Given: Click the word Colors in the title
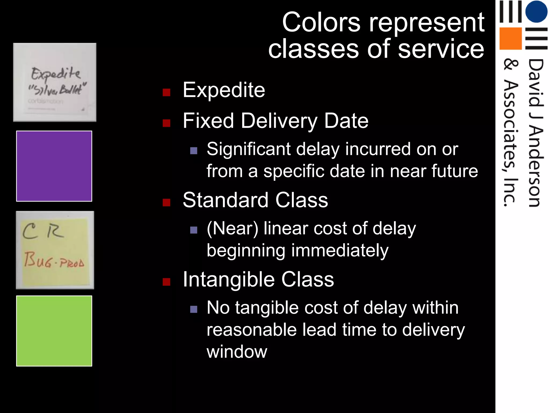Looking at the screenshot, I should tap(321, 23).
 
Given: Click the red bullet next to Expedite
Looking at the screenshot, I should tap(167, 92).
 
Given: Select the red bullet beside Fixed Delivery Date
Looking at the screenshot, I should tap(167, 123).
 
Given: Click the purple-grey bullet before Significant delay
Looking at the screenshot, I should tap(194, 151).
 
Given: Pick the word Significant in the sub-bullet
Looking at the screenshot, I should tap(248, 149).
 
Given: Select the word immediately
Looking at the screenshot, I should tap(339, 251).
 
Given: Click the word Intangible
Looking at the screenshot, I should tap(228, 280).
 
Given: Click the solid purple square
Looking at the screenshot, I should tap(54, 166).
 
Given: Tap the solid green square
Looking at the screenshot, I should tap(54, 331).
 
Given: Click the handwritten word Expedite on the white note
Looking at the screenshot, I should tap(56, 74).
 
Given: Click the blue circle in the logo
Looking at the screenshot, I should tap(536, 11).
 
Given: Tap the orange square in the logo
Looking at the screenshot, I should tap(510, 38).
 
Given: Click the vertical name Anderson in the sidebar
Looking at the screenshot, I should tap(536, 167).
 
